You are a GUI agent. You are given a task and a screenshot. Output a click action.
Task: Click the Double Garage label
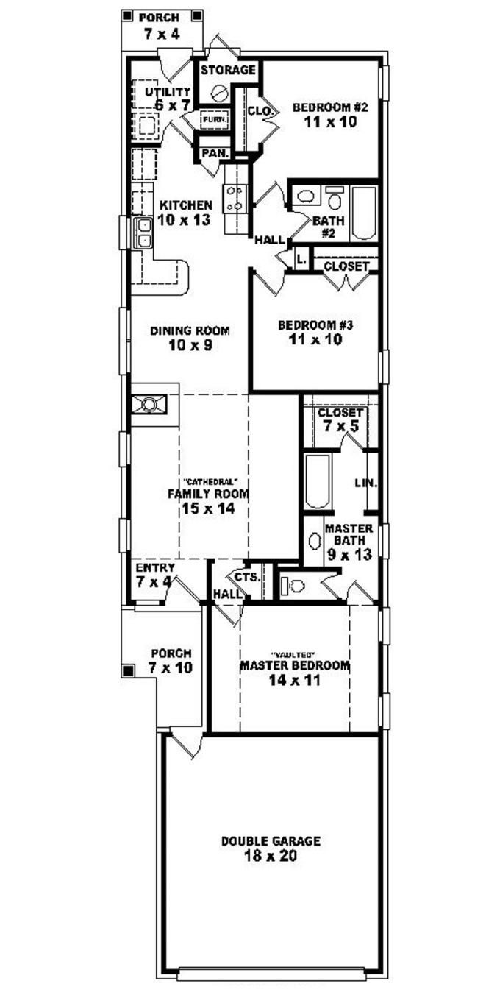click(x=271, y=841)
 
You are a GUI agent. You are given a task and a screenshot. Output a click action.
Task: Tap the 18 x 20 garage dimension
click(x=271, y=856)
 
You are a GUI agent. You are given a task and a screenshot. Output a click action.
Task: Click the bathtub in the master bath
click(x=317, y=482)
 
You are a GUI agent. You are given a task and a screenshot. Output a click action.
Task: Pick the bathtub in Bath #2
click(x=364, y=213)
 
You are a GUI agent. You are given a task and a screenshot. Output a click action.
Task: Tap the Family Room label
click(x=207, y=494)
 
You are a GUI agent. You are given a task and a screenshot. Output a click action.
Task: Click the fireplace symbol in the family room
click(x=150, y=403)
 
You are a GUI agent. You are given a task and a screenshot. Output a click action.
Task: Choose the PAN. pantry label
click(x=213, y=153)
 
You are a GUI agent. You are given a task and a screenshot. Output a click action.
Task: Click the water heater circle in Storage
click(x=218, y=93)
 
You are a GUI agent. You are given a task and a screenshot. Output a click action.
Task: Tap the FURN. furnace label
click(x=215, y=119)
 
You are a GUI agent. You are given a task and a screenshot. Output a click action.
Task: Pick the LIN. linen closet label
click(x=366, y=483)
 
